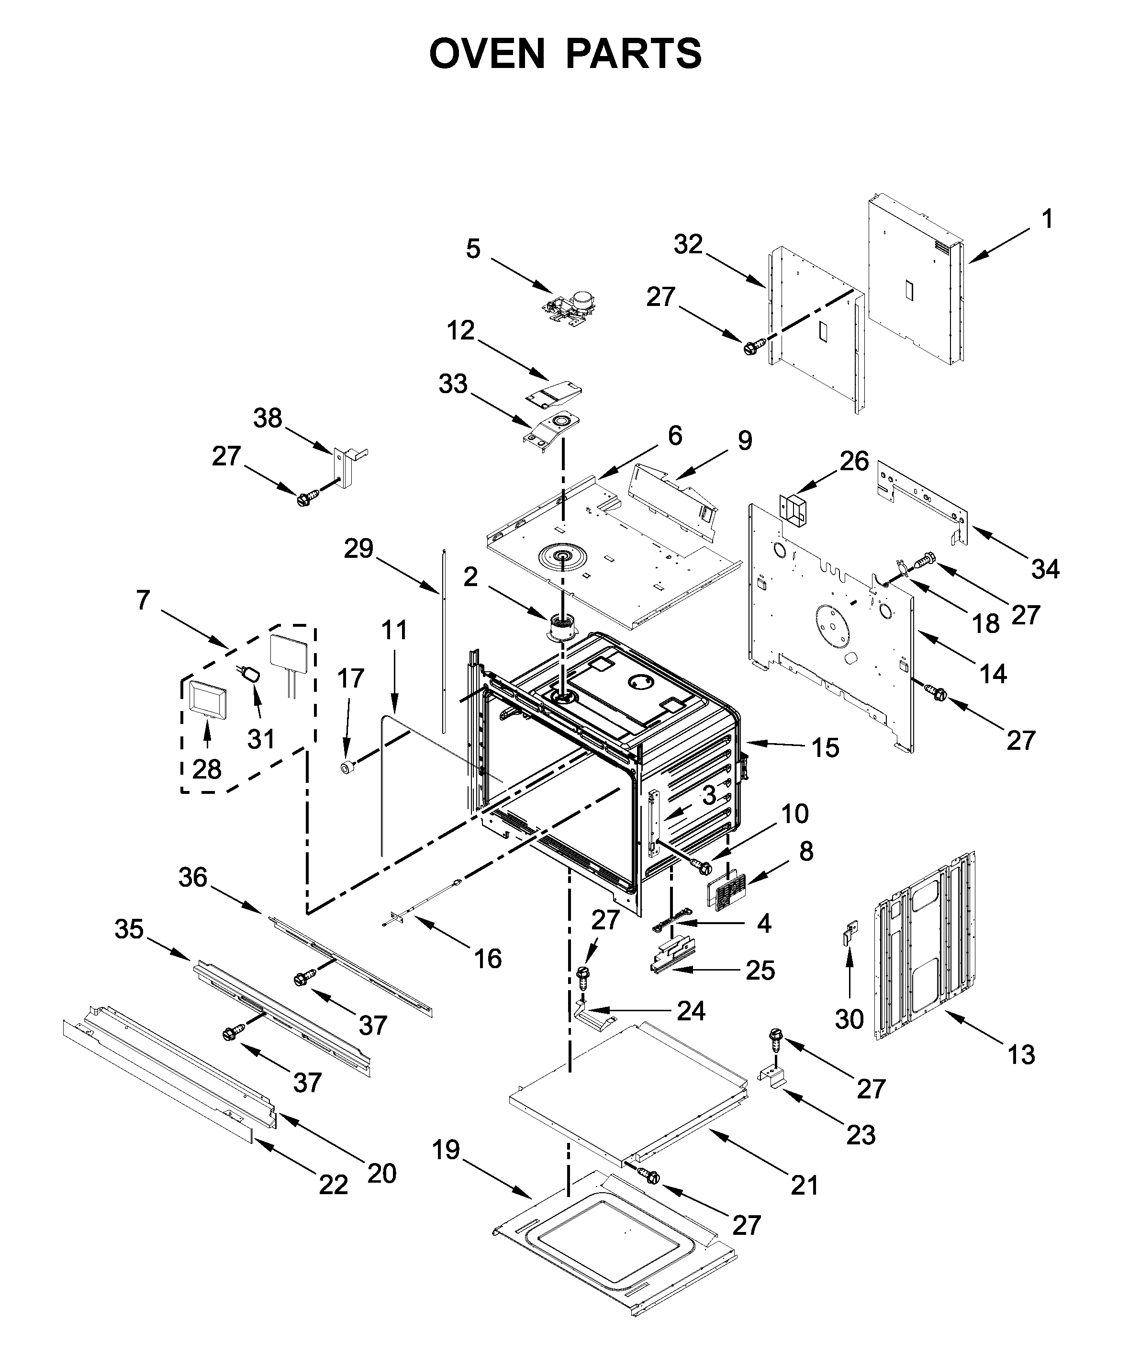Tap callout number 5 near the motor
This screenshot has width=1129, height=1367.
(473, 249)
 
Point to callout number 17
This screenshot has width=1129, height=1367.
(350, 678)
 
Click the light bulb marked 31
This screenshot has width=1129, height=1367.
(251, 675)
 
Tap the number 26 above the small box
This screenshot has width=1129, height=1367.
(854, 461)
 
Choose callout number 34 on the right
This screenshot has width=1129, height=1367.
(1046, 569)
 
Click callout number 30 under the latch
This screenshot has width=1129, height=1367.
(849, 1019)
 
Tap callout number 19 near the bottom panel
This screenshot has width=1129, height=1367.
(447, 1150)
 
